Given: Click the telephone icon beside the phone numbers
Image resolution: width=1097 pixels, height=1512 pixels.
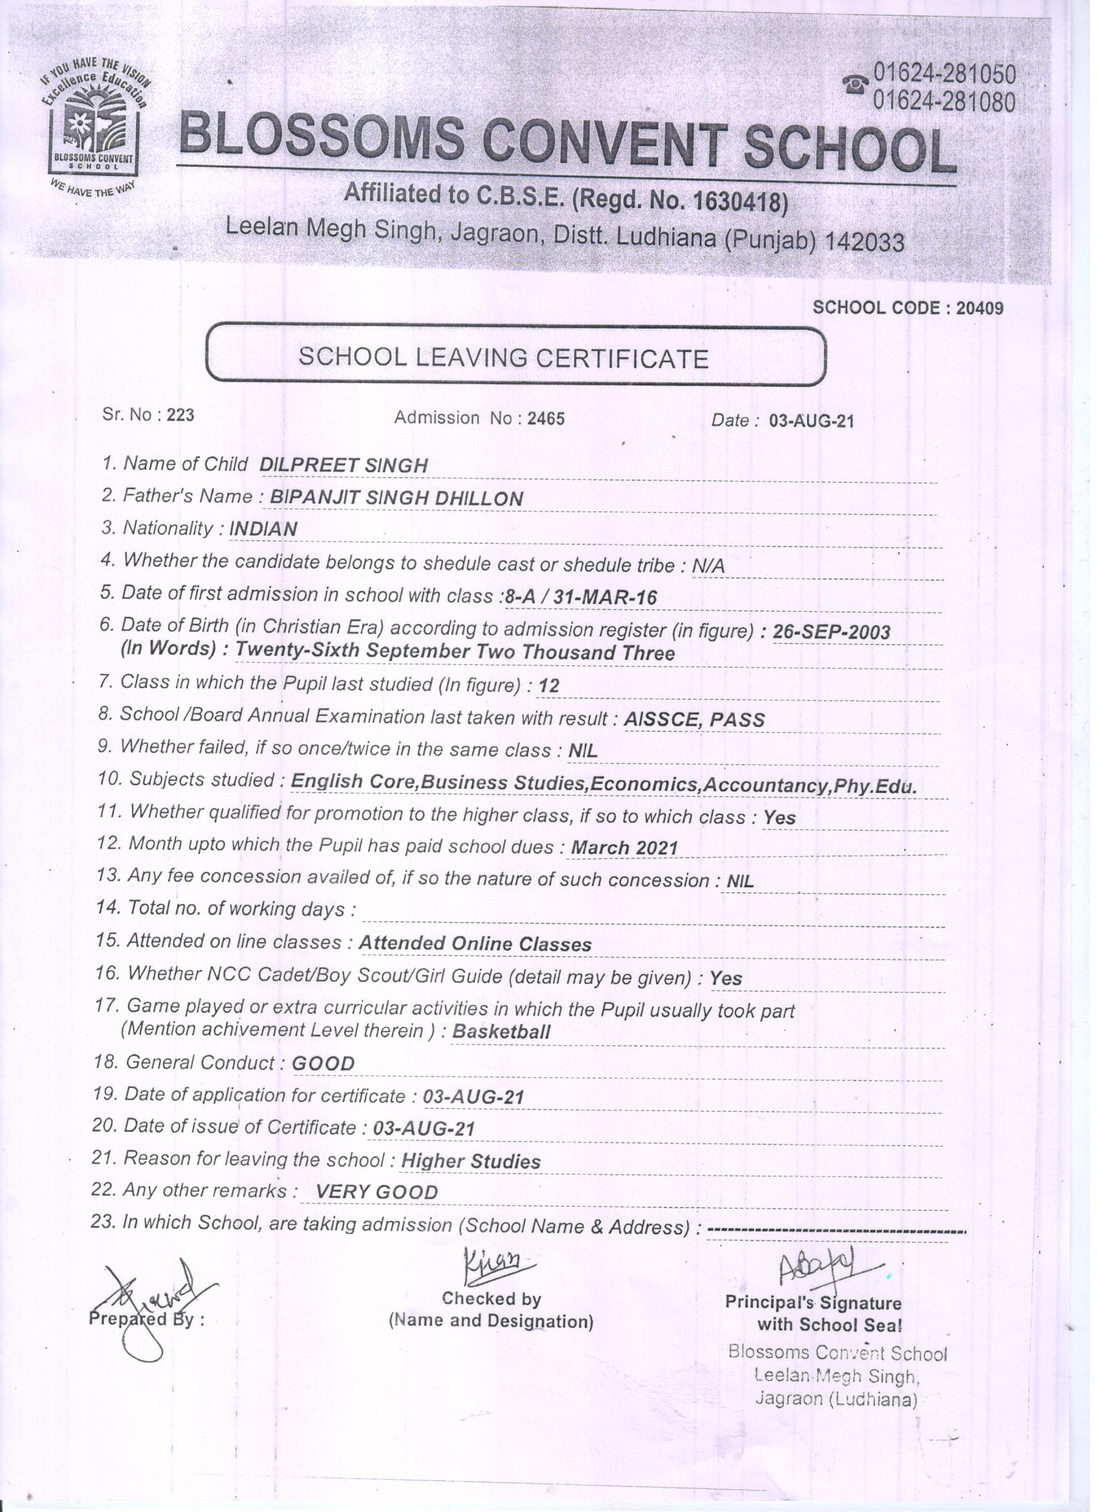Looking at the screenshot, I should coord(856,85).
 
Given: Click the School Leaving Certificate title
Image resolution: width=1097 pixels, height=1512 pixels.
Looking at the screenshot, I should coord(503,359).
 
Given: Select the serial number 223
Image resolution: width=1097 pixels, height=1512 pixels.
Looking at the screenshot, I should coord(180,415).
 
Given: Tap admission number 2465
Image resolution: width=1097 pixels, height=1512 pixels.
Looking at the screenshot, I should coord(545,418).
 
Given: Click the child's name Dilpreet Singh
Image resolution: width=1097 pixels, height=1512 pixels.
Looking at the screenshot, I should coord(343,466).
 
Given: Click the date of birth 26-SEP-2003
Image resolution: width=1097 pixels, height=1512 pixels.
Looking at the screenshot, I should coord(831,631).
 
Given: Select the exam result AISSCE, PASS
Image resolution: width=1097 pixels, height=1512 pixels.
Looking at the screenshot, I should coord(693,719).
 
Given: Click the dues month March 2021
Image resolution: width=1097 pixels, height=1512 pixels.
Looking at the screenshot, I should coord(625,848).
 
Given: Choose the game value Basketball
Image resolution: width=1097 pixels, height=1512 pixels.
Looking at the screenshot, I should coord(501,1032).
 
